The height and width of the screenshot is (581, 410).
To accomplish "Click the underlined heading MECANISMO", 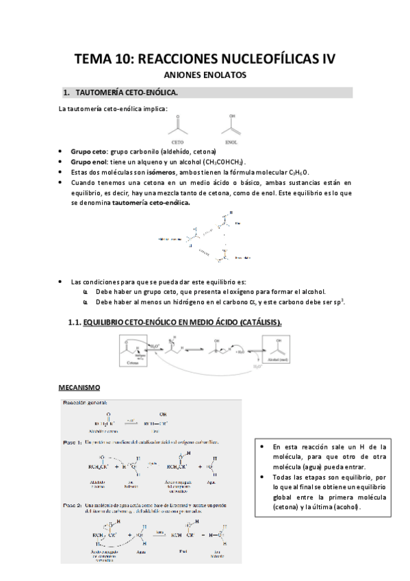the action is [x=79, y=388].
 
